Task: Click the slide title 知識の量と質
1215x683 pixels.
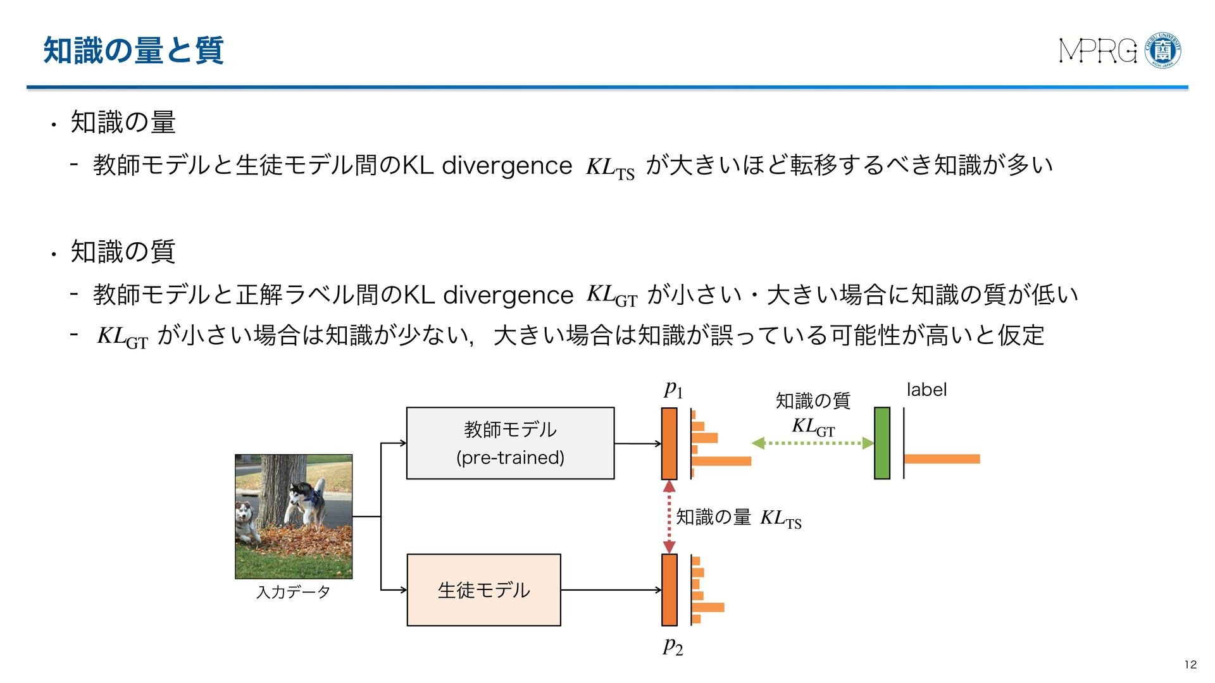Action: click(x=133, y=51)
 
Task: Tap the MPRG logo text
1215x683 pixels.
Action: click(x=1097, y=51)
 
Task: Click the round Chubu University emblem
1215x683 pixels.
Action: click(x=1163, y=51)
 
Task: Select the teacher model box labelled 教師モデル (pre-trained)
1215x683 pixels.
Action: click(x=510, y=443)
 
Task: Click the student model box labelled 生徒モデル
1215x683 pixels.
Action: click(x=483, y=590)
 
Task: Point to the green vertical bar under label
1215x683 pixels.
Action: click(x=882, y=443)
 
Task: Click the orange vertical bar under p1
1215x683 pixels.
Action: click(x=669, y=443)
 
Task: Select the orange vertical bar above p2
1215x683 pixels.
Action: click(x=669, y=590)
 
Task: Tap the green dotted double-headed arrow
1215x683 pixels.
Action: click(x=813, y=443)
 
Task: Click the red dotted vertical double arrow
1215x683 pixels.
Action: click(x=669, y=517)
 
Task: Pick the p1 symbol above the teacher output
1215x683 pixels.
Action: click(x=673, y=389)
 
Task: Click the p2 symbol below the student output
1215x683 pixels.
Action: click(x=673, y=646)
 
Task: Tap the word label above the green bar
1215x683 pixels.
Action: click(x=926, y=390)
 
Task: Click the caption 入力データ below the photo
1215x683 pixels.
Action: click(x=293, y=592)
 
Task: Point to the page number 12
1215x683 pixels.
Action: click(x=1190, y=664)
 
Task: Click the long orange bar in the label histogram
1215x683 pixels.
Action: click(x=942, y=458)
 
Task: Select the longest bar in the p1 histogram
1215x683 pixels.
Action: click(x=721, y=461)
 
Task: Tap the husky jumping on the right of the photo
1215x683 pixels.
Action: click(x=307, y=500)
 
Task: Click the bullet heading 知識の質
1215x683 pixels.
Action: click(x=123, y=252)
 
